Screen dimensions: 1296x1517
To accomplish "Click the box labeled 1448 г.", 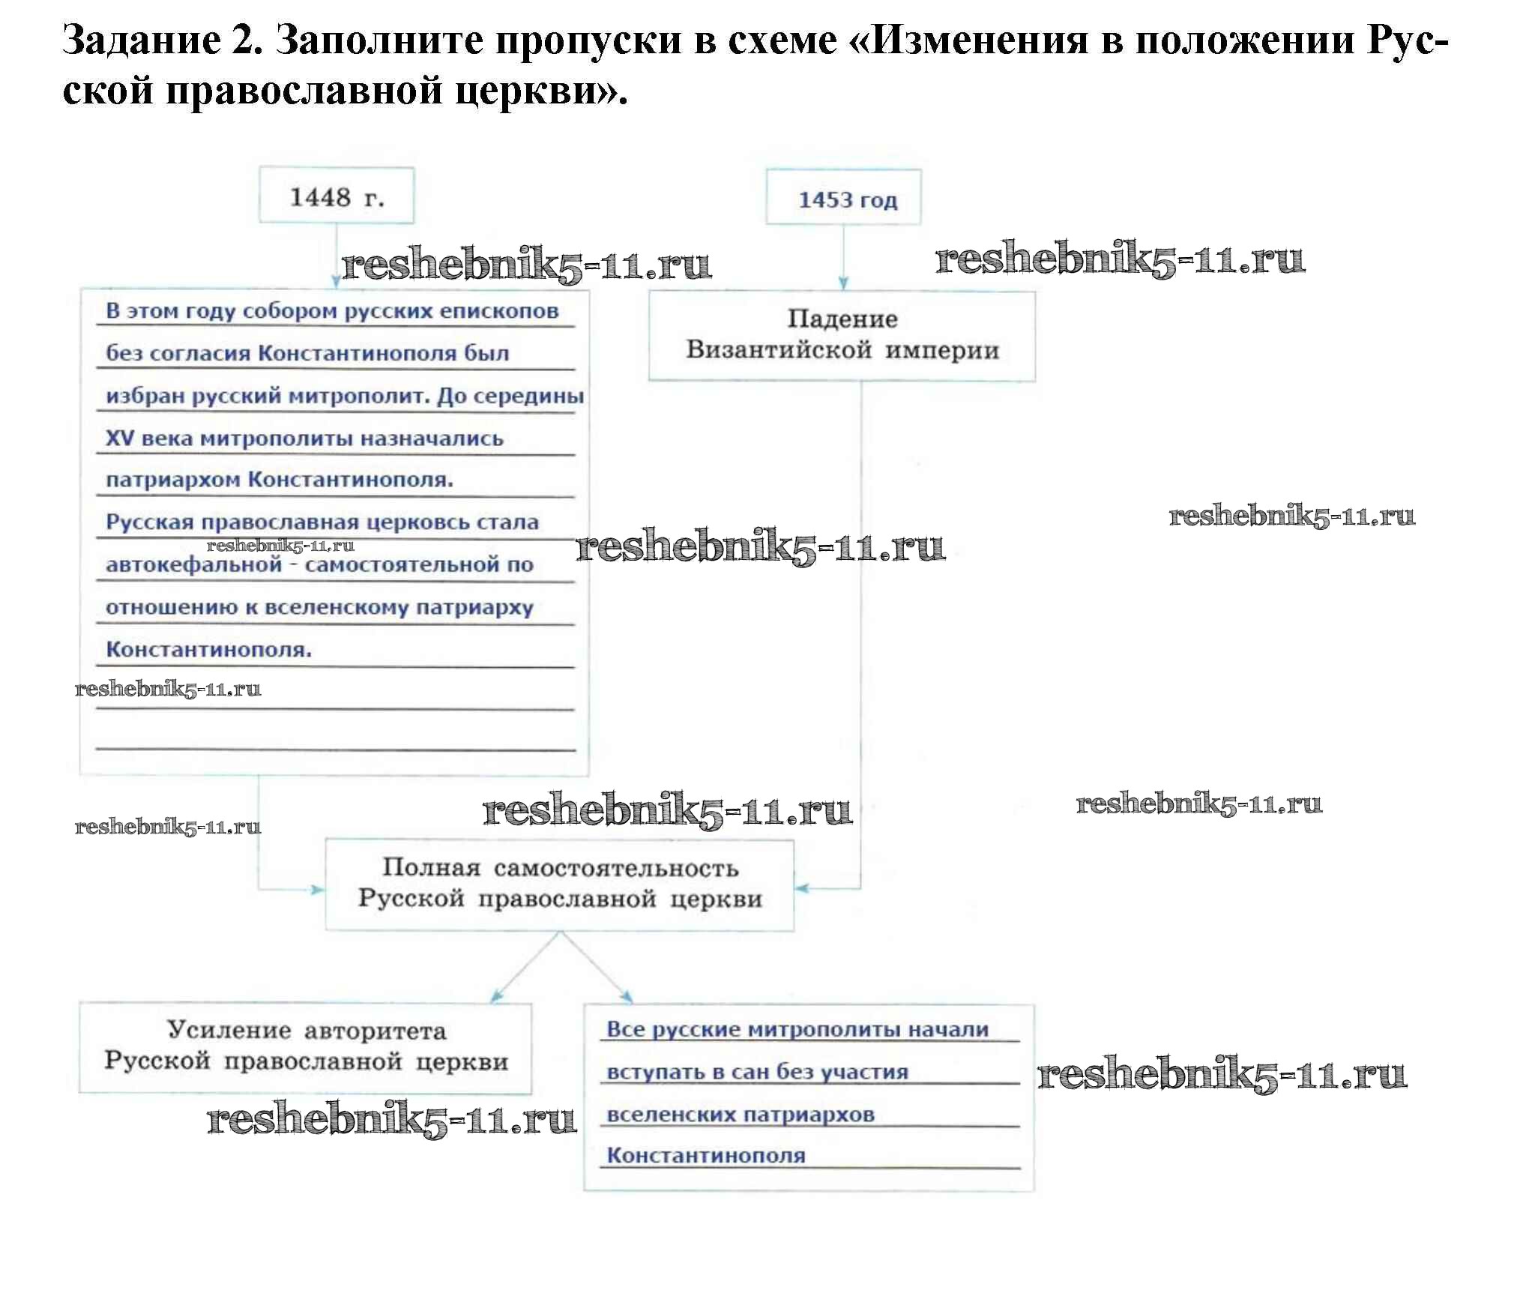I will click(x=337, y=196).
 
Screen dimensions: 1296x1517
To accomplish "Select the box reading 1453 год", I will click(x=843, y=199).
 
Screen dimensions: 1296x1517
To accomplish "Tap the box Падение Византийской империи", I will click(x=842, y=335).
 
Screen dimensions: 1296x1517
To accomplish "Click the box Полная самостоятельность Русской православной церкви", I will click(x=559, y=884).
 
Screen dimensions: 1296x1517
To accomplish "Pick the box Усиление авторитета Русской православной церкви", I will click(x=305, y=1047).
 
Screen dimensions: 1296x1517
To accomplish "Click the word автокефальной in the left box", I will click(x=193, y=564).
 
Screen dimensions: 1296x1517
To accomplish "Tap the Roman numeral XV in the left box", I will click(x=119, y=438).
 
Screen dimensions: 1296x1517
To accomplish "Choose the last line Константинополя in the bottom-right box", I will click(x=706, y=1156).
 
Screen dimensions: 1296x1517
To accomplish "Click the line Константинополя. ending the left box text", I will click(x=208, y=649).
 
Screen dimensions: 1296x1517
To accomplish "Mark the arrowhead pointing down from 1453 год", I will click(x=843, y=283).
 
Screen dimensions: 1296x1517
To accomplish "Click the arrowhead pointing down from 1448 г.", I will click(x=337, y=281).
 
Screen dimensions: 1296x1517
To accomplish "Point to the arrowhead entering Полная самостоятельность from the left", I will click(x=318, y=889).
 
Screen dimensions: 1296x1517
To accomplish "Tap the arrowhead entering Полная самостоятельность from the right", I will click(x=802, y=889).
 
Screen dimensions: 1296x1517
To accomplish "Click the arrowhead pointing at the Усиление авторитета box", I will click(x=497, y=996).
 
